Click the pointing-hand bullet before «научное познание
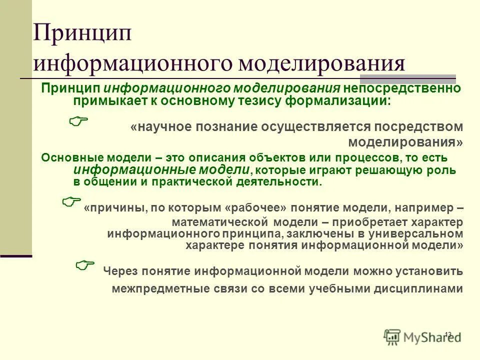coord(77,119)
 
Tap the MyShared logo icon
coord(392,337)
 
